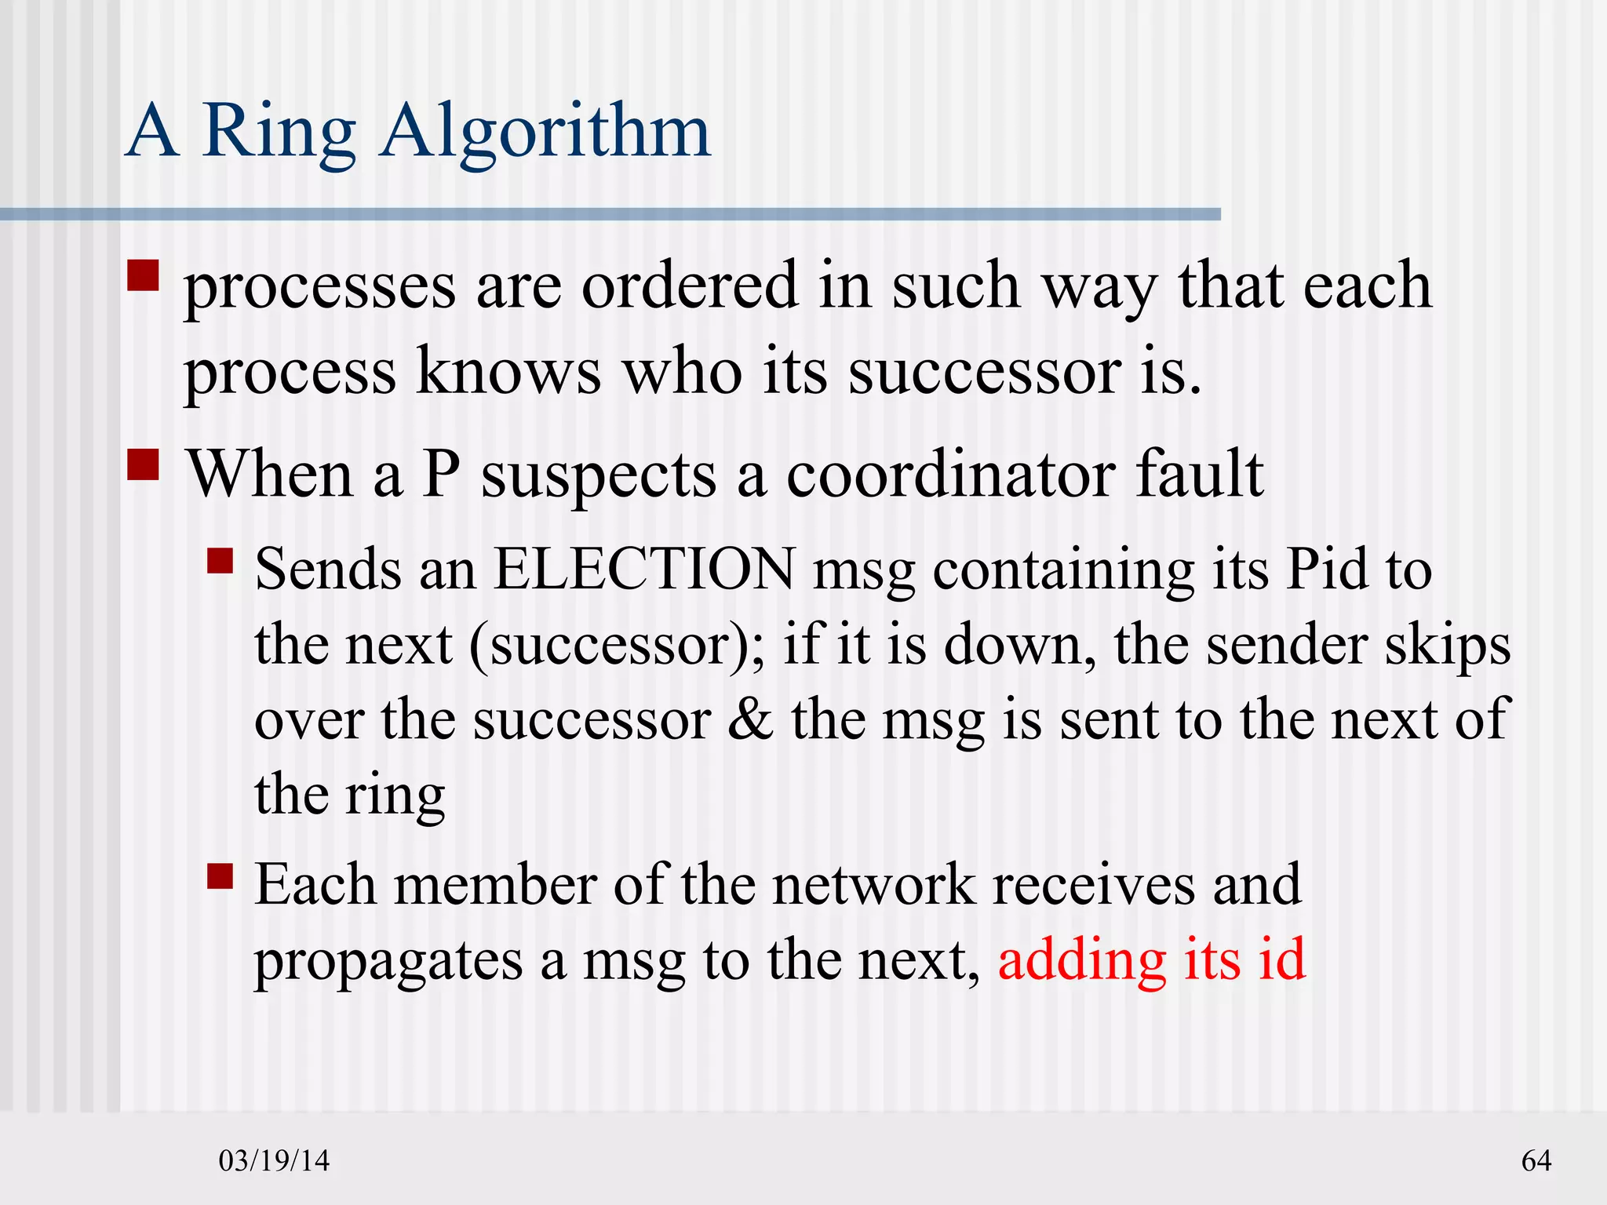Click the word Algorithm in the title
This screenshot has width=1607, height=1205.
coord(546,132)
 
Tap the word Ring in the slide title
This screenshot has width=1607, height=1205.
coord(279,132)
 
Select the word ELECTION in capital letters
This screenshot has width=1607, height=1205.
coord(643,569)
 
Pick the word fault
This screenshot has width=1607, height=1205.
coord(1200,475)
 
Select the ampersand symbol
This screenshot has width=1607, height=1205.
coord(750,719)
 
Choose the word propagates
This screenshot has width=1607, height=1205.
coord(388,961)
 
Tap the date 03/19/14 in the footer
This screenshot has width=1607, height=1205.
coord(274,1160)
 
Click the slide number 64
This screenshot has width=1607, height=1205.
coord(1536,1160)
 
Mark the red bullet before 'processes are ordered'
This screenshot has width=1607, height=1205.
coord(143,276)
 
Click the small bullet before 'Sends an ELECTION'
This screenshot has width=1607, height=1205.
coord(220,561)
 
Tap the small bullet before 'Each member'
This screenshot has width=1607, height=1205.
coord(220,876)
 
